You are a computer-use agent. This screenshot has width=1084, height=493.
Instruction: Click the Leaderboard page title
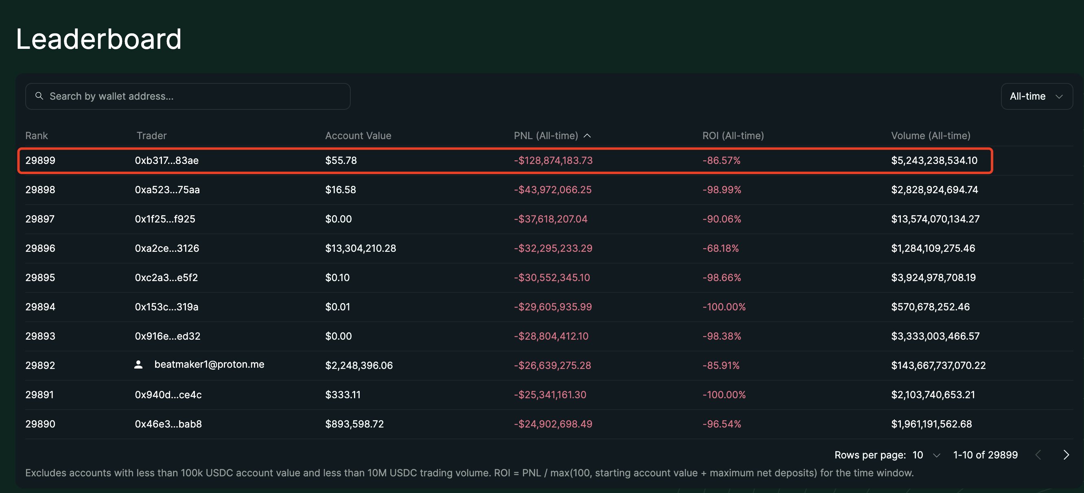coord(98,39)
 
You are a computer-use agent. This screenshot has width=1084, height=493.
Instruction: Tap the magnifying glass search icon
coord(39,96)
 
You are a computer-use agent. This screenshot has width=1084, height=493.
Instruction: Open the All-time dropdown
coord(1036,96)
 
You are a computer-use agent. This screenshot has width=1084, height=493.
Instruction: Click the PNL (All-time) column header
coord(545,135)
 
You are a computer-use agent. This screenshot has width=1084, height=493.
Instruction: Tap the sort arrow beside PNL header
coord(587,135)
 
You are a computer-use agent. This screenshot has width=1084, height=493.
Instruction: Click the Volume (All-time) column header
coord(931,135)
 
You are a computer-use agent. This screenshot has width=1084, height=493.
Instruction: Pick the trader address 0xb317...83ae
coord(167,160)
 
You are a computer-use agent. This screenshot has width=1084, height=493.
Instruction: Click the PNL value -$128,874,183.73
coord(553,160)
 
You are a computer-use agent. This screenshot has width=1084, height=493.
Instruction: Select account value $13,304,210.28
coord(360,248)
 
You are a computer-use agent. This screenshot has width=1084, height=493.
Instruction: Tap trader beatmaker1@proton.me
coord(209,364)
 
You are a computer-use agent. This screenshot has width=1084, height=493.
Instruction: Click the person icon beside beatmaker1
coord(138,364)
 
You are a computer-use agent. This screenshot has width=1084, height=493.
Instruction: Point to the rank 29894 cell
coord(40,307)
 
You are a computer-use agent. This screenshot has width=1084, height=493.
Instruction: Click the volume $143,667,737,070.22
coord(938,365)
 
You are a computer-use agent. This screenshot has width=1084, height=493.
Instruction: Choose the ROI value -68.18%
coord(720,248)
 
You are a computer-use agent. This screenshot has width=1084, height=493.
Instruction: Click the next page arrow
coord(1066,455)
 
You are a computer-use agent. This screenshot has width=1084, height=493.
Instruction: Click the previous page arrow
coord(1038,455)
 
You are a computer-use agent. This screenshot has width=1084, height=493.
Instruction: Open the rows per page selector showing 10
coord(926,455)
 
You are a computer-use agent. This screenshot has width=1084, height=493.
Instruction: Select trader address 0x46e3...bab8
coord(168,423)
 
